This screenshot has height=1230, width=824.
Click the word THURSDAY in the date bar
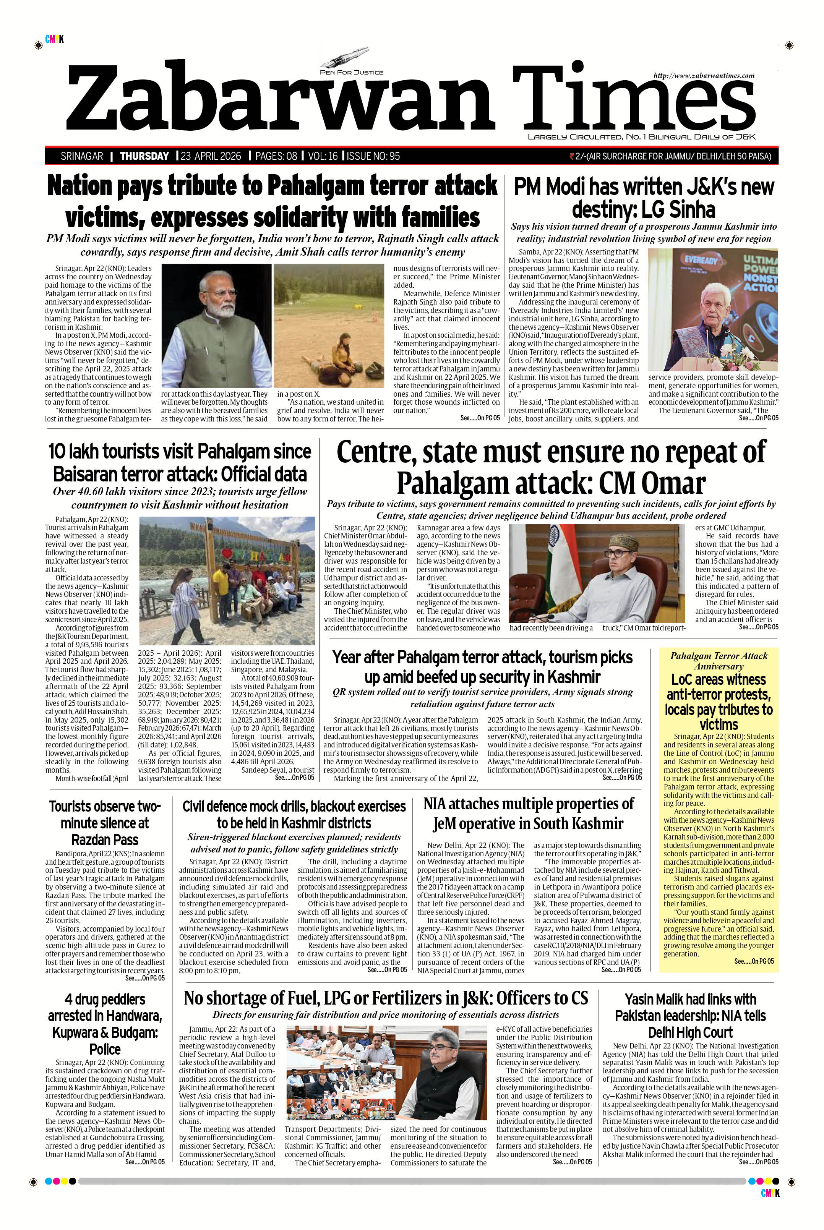click(144, 156)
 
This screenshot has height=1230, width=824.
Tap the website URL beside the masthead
click(704, 76)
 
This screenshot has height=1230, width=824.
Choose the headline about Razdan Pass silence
click(105, 822)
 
